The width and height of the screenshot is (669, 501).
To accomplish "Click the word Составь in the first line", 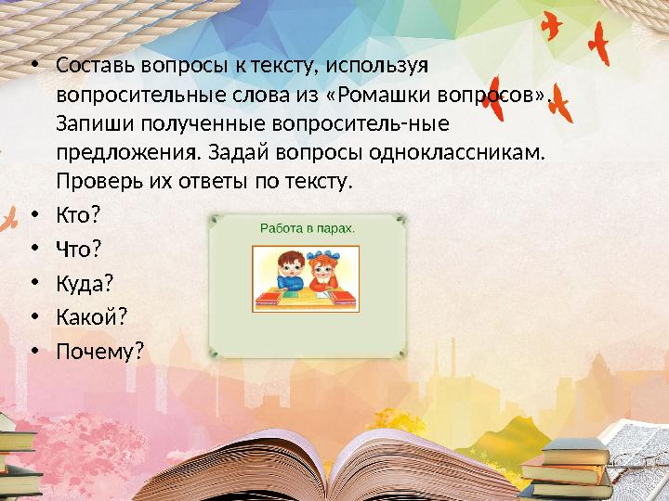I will click(91, 68).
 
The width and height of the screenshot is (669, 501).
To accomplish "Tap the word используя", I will click(375, 68).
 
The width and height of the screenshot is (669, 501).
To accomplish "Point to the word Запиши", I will click(87, 123).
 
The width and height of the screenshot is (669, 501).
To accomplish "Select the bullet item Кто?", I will click(77, 215).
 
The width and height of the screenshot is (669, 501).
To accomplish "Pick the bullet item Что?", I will click(78, 249).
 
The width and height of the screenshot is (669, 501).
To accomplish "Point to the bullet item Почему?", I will click(100, 352).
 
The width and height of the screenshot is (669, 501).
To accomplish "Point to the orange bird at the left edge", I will click(9, 219).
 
